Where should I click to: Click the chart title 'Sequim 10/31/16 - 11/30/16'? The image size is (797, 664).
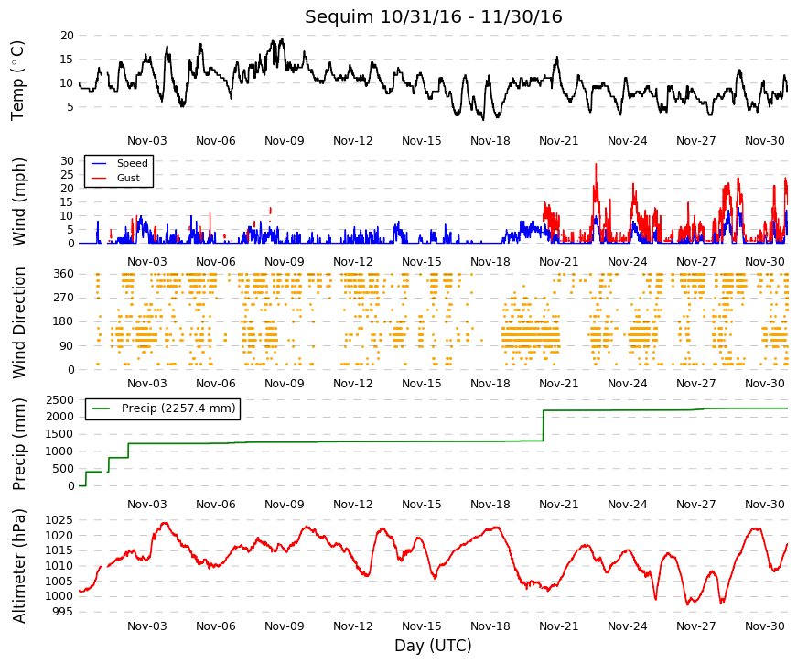433,16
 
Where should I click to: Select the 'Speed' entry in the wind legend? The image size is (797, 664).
132,163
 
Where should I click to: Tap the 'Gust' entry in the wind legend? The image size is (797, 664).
128,178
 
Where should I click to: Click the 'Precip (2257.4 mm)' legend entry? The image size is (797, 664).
178,408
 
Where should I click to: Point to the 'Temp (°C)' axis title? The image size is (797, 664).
17,81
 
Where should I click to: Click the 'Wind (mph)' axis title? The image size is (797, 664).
18,202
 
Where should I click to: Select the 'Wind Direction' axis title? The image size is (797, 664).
18,322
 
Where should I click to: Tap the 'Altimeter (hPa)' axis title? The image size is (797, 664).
18,566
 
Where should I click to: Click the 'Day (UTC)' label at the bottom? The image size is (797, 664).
433,646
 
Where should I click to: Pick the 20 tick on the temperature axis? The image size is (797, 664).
67,36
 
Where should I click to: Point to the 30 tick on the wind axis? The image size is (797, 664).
67,161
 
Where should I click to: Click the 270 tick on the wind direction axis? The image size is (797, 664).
63,298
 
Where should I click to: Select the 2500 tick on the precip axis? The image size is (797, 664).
60,400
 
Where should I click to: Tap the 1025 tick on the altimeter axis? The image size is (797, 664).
60,520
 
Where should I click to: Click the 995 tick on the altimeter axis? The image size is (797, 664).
63,612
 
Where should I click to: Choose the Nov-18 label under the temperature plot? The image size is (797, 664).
490,141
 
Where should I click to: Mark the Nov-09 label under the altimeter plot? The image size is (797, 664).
285,626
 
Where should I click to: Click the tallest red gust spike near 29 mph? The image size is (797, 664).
597,165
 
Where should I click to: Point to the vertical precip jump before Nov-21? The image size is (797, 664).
544,425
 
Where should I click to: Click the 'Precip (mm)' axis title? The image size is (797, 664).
18,444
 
